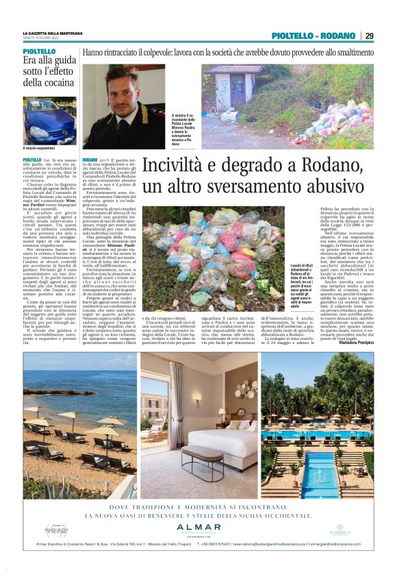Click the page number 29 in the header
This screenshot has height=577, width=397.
click(368, 36)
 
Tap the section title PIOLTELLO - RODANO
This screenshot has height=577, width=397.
click(313, 36)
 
